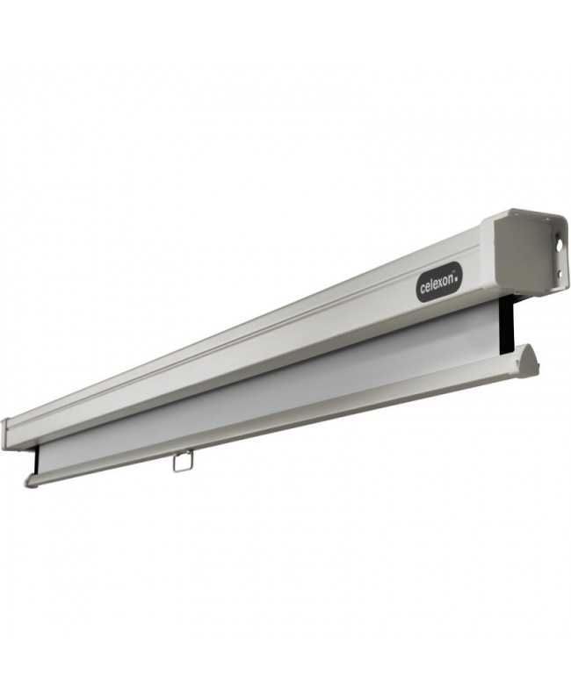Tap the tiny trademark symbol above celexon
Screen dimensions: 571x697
pyautogui.click(x=453, y=274)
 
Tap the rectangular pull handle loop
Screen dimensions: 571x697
pyautogui.click(x=183, y=461)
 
